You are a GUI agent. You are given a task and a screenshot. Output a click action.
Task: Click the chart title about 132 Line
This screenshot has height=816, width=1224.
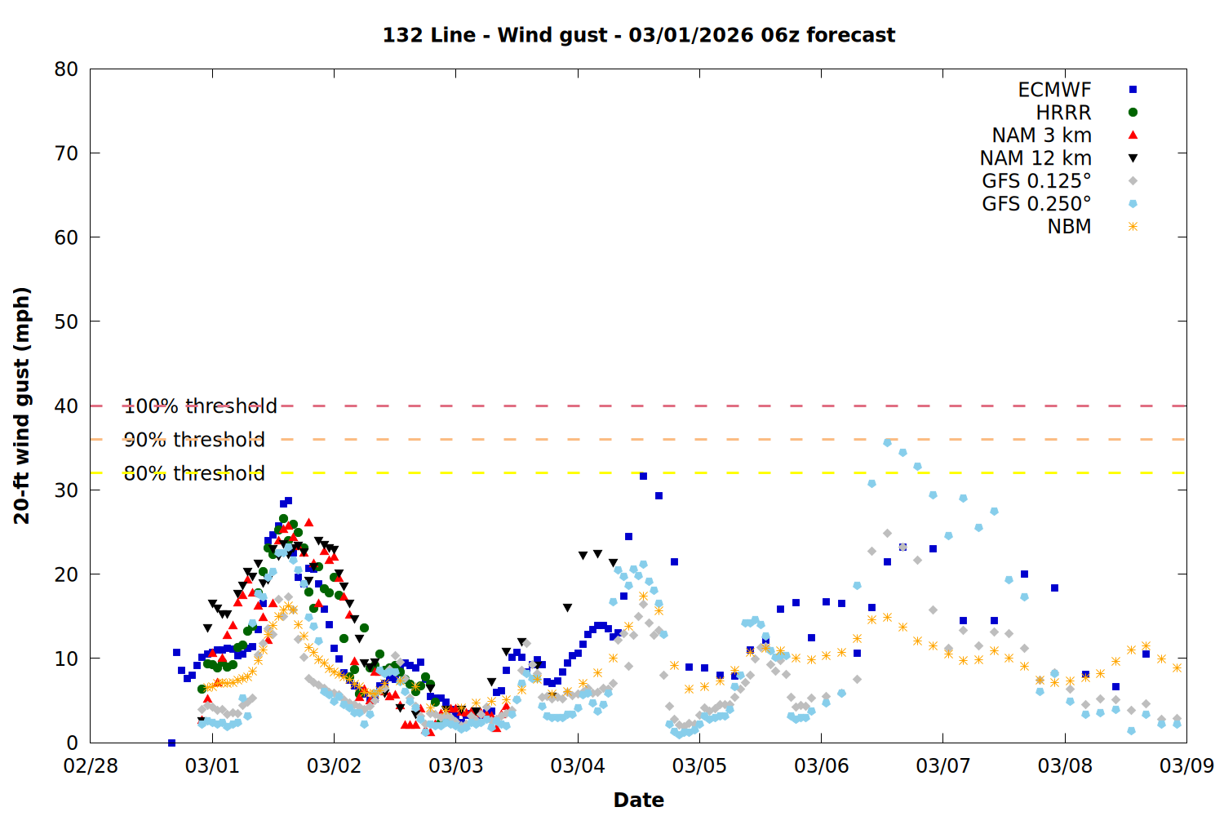639,35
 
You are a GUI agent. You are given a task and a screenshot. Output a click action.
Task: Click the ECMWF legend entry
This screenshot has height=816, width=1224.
1054,90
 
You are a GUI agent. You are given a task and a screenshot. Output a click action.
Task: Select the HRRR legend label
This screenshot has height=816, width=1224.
1063,113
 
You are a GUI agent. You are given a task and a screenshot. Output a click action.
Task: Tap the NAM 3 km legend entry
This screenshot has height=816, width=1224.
1041,135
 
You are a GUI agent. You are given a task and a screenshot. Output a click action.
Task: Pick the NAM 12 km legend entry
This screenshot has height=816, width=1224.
1036,158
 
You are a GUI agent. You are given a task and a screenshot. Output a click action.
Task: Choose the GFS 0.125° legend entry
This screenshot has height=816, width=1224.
1036,181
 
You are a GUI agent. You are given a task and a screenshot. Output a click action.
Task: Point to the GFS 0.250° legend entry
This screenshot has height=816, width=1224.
1036,204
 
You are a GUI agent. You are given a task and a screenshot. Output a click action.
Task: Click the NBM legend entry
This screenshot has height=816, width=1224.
1069,227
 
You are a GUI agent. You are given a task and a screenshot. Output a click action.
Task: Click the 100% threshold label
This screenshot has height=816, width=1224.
201,406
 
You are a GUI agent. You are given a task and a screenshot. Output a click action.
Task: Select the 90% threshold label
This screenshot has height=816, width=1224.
194,440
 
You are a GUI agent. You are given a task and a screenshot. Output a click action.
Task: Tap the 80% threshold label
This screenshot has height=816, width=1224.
194,473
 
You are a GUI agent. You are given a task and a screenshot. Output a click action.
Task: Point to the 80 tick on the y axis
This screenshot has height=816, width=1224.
67,69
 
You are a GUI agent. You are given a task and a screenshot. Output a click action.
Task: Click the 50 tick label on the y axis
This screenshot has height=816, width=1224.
67,322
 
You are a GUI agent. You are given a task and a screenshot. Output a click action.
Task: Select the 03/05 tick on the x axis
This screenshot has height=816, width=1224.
699,766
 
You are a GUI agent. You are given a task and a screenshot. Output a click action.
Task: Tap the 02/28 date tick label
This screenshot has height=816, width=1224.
91,766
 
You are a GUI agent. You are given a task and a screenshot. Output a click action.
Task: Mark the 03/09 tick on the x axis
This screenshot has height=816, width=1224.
1186,766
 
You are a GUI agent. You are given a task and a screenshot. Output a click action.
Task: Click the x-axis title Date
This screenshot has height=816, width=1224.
639,800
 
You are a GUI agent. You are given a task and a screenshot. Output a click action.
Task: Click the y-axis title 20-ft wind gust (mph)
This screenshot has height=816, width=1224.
22,406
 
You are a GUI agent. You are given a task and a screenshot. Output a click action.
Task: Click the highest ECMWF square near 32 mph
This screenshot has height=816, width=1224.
643,476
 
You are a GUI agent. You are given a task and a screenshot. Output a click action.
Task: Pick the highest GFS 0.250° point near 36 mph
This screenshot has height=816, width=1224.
887,442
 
